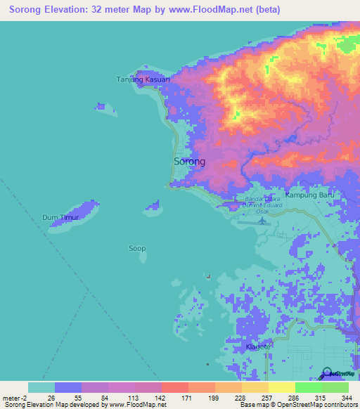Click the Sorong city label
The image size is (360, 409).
coord(189,162)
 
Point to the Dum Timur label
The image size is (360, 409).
coord(59,218)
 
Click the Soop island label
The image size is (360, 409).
coord(137,248)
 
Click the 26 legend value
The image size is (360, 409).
coord(51,397)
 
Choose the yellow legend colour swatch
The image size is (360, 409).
coord(281,387)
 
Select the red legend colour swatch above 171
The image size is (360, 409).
coord(174,387)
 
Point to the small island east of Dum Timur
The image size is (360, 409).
coord(153,207)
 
